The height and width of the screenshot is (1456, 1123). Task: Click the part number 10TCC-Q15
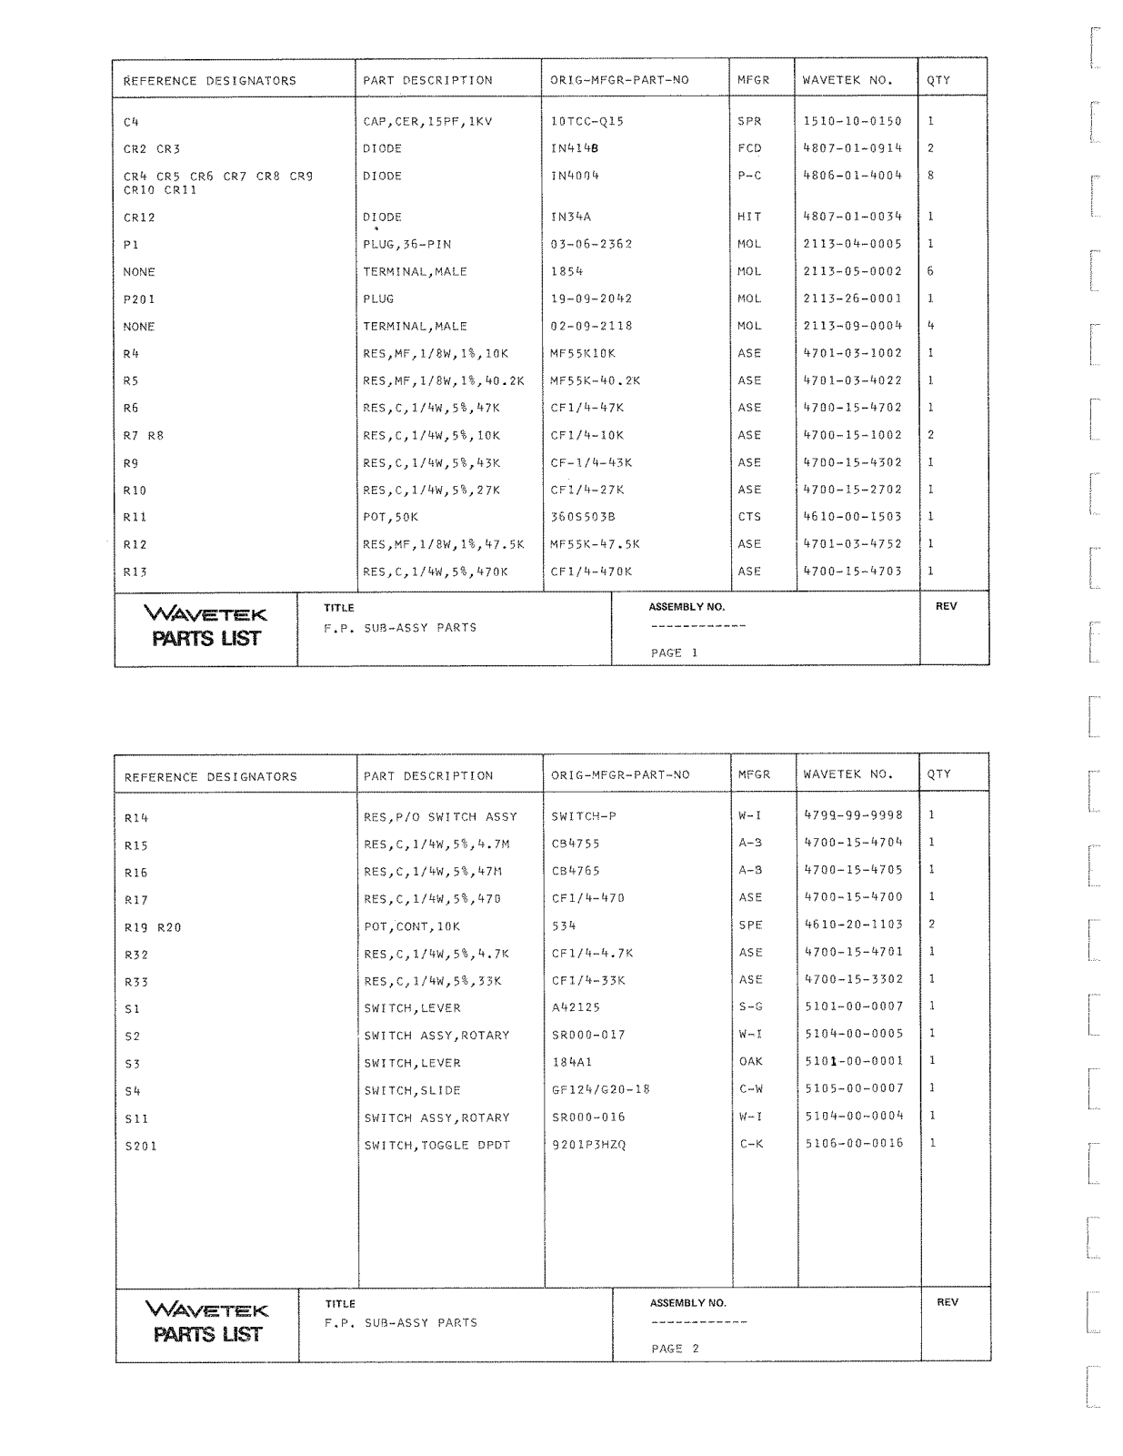[587, 121]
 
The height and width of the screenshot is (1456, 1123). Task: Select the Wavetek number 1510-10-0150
[852, 121]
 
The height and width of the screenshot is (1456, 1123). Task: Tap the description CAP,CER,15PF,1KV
[427, 121]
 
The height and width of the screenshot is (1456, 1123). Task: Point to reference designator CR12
[139, 217]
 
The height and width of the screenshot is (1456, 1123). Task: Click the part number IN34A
[571, 217]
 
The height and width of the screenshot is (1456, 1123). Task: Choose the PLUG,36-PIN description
[406, 245]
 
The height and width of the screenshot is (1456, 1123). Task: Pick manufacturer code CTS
[749, 517]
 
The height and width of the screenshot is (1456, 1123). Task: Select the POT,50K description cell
[390, 517]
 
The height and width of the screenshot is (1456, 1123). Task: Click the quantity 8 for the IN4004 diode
[930, 176]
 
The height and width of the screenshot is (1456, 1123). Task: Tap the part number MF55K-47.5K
[595, 544]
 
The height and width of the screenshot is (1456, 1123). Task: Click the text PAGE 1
[674, 652]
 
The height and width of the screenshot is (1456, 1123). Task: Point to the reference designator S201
[140, 1147]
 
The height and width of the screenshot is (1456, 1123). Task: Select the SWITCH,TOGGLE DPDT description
[436, 1145]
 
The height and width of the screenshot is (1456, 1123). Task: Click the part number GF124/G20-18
[600, 1090]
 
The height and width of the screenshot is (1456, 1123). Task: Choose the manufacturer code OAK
[750, 1062]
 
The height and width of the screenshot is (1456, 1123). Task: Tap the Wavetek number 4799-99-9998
[854, 815]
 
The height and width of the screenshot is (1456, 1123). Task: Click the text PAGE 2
[675, 1349]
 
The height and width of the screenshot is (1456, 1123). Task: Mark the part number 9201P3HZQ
[588, 1145]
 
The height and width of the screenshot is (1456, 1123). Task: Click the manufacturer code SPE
[750, 925]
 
